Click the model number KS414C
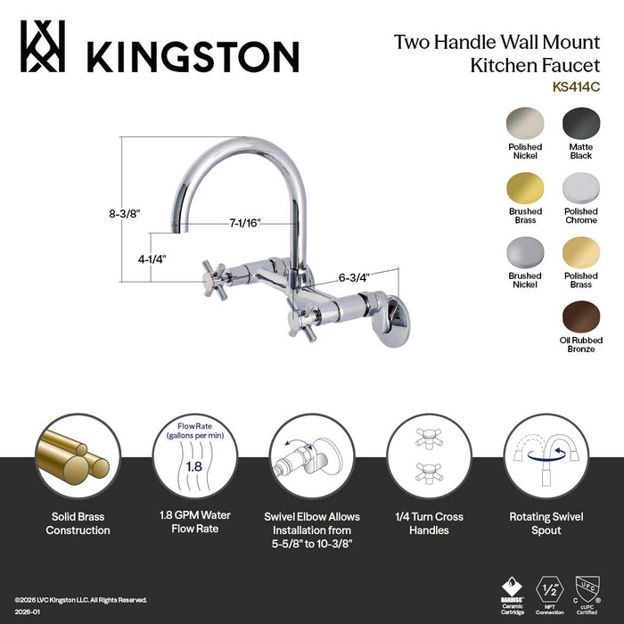575,86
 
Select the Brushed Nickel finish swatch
525,253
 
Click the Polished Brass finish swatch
581,253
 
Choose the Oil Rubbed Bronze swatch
581,317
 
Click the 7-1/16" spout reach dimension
243,223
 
